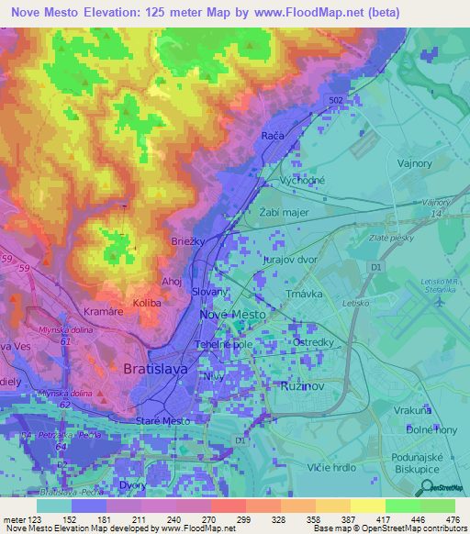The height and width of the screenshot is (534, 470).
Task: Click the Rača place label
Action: [273, 135]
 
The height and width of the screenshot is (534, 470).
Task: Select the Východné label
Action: [303, 180]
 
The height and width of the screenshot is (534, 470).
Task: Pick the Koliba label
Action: [147, 303]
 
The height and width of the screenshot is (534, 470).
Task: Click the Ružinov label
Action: [299, 386]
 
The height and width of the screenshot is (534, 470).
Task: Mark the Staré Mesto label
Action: [162, 420]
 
